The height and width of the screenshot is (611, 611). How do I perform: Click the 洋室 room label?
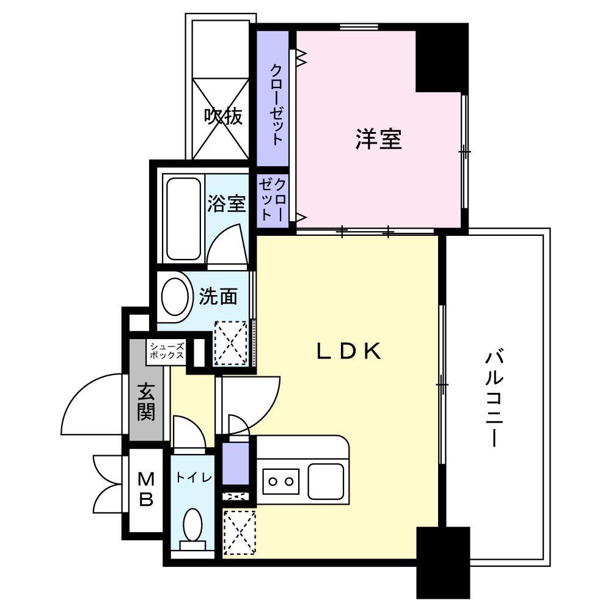[378, 139]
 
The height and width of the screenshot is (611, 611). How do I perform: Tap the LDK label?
[348, 351]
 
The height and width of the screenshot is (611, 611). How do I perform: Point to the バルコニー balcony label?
[494, 399]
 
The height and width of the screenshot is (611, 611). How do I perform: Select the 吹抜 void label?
[224, 116]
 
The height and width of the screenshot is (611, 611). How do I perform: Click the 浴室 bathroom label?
[227, 203]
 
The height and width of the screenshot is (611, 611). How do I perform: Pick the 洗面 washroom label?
[218, 296]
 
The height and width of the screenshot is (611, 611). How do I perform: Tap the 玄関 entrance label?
[146, 401]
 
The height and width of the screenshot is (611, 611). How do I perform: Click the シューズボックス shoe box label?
[167, 351]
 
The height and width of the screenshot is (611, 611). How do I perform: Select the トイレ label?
[194, 477]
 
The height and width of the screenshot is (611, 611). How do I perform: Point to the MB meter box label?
[146, 489]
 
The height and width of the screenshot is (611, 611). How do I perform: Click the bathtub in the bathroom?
[183, 219]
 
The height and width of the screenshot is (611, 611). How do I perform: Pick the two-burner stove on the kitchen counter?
[281, 481]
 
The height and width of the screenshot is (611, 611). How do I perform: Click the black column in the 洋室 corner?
[442, 58]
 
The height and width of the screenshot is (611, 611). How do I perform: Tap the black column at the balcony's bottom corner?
[443, 562]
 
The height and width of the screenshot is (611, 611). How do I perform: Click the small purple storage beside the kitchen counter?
[236, 463]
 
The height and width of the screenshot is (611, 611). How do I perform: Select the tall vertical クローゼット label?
[276, 104]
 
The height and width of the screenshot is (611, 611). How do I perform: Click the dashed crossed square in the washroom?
[231, 343]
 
